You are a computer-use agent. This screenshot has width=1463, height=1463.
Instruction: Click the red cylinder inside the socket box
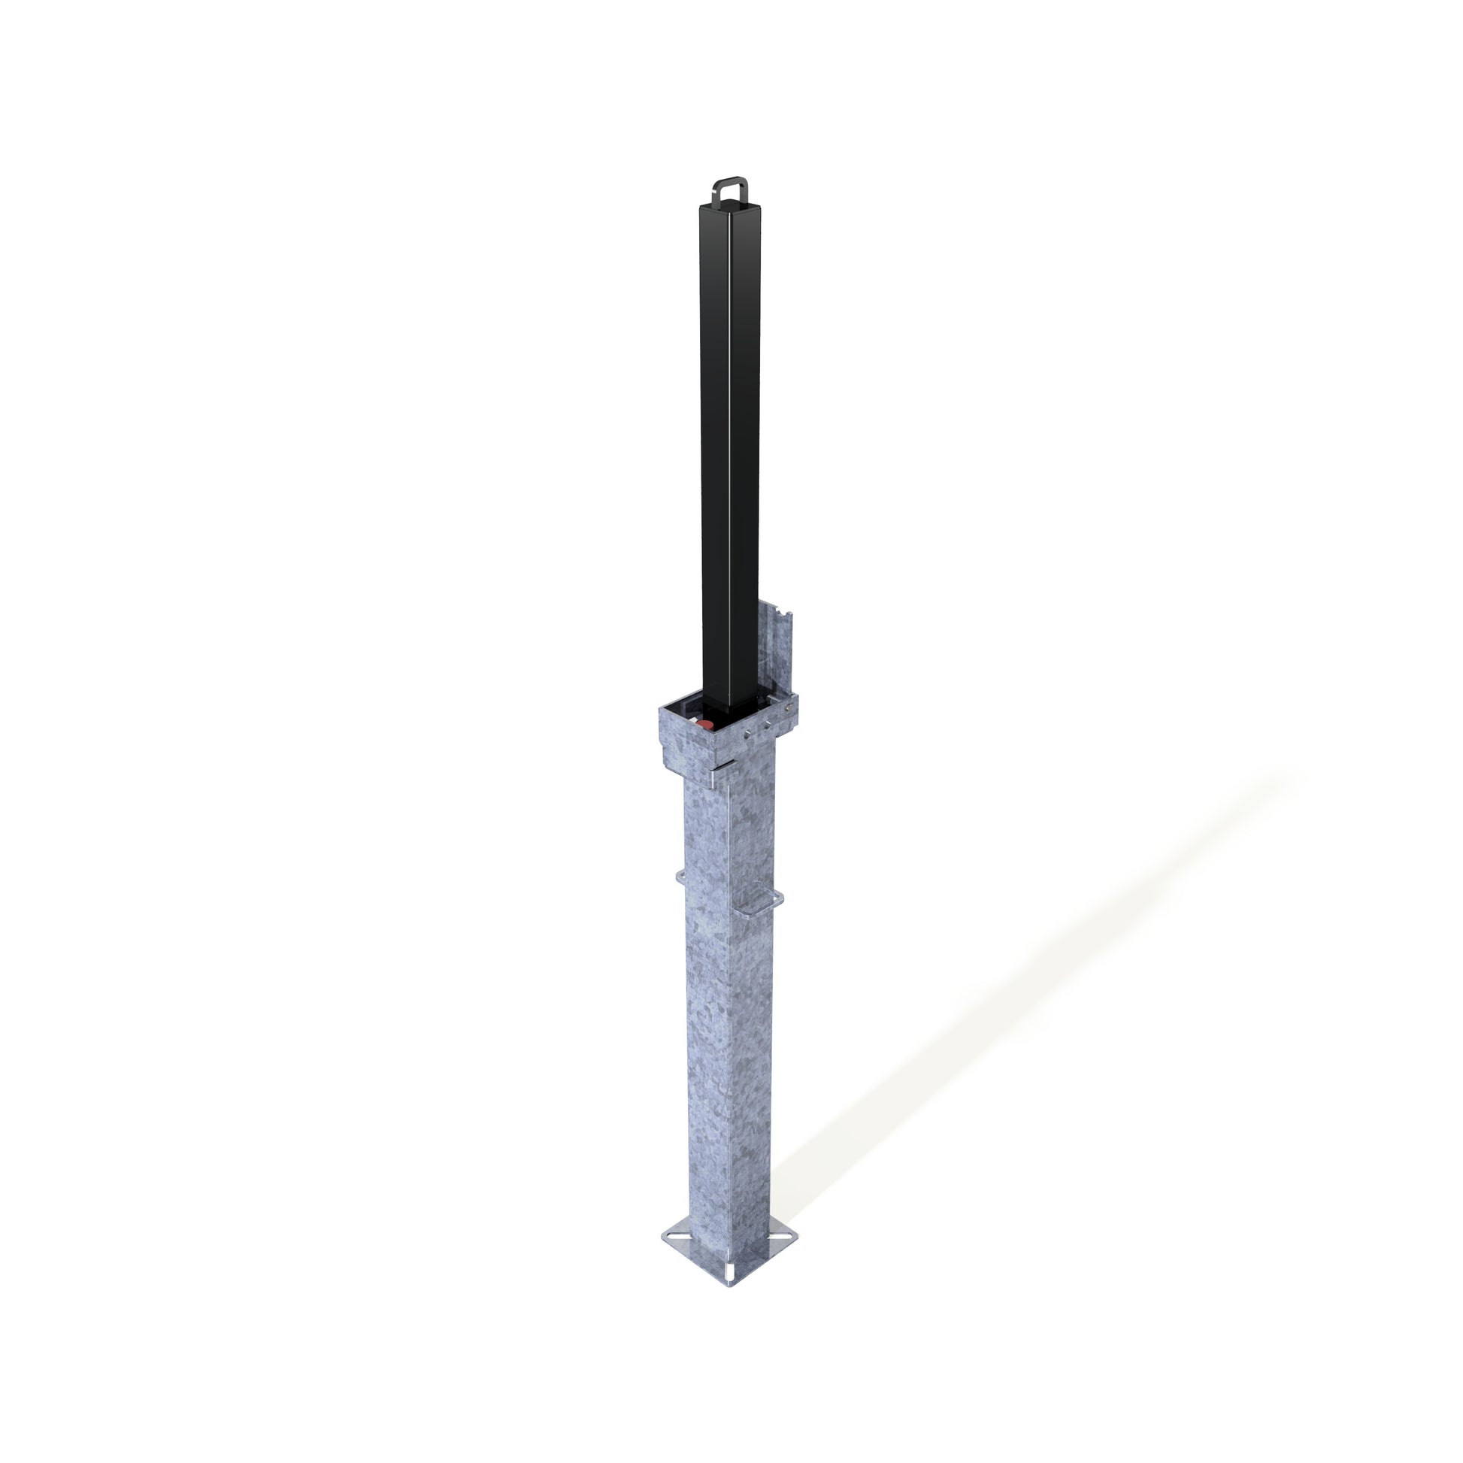[x=704, y=725]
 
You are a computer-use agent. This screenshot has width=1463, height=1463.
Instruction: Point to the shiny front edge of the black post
[x=729, y=454]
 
